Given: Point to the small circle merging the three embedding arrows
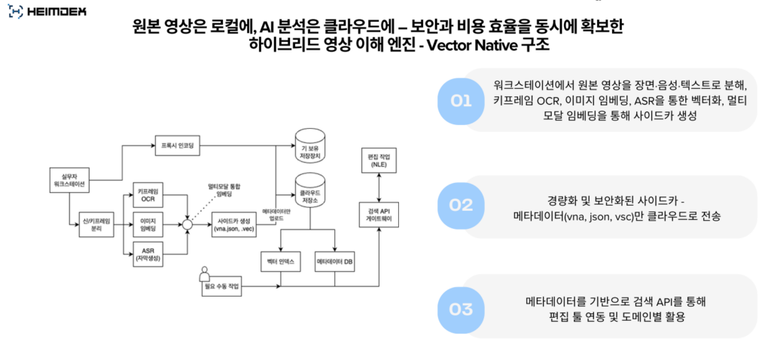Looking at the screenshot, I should [187, 224].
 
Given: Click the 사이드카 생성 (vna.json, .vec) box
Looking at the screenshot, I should [233, 224].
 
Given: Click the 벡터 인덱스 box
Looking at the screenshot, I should [281, 261].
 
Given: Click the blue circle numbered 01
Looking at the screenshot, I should [461, 100].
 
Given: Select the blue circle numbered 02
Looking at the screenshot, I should [461, 205].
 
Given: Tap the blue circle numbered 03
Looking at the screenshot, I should [461, 309].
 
